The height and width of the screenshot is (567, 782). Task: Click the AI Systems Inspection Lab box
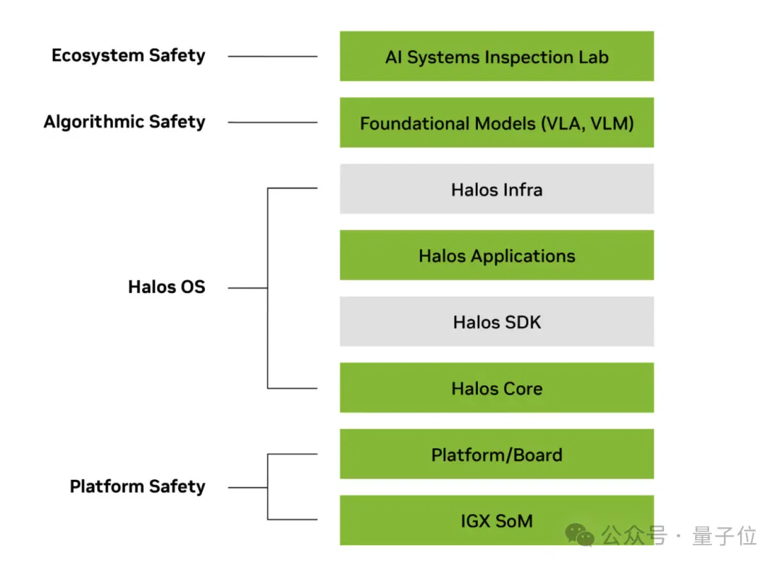coord(497,56)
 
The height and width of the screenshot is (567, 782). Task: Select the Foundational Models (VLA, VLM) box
coord(497,123)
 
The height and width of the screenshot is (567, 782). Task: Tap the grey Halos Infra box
coord(497,189)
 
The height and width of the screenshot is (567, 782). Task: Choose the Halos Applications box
coord(497,255)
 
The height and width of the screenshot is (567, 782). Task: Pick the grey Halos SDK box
coord(497,322)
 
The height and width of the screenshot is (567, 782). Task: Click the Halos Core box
coord(497,388)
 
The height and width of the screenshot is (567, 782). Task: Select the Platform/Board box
coord(497,454)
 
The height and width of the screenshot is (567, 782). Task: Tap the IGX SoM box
coord(497,520)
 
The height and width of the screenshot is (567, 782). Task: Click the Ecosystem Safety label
coord(128,56)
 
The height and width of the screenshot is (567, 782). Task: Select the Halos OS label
coord(167,287)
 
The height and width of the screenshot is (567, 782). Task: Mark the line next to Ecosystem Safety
coord(272,57)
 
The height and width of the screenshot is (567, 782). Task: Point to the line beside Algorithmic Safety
coord(272,123)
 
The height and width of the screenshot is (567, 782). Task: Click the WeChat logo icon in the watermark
coord(579,536)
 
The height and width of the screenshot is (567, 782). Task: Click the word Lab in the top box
coord(594,57)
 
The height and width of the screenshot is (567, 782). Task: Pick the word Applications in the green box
coord(523,257)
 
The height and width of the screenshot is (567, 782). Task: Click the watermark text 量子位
coord(724,536)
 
